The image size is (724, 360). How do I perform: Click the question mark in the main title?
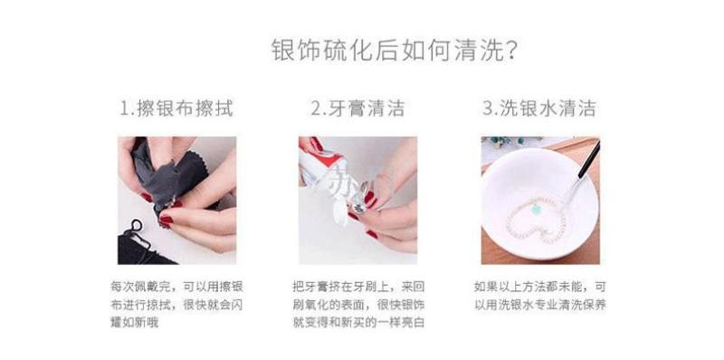pyautogui.click(x=510, y=51)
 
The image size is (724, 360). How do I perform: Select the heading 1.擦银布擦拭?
pyautogui.click(x=176, y=108)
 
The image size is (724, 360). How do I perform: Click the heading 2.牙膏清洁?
pyautogui.click(x=357, y=108)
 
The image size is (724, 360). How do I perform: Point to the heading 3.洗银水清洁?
pyautogui.click(x=539, y=108)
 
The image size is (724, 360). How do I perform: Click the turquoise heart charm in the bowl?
pyautogui.click(x=536, y=210)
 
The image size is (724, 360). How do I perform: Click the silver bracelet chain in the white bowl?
pyautogui.click(x=536, y=220)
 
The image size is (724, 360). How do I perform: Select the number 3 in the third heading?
pyautogui.click(x=488, y=109)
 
